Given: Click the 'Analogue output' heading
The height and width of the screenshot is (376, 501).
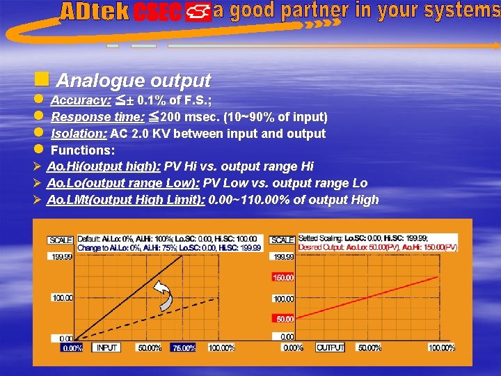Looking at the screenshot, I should click(x=133, y=81).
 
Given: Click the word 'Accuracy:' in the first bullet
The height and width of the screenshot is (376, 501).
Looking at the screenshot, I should click(x=81, y=100).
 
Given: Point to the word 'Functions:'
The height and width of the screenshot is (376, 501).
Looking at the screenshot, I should click(x=83, y=150).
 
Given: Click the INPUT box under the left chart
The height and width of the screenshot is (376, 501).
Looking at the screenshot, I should click(x=107, y=347).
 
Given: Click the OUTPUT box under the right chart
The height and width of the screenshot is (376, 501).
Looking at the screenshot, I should click(x=331, y=347).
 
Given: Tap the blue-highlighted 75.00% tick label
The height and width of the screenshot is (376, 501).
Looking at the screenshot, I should click(x=184, y=347).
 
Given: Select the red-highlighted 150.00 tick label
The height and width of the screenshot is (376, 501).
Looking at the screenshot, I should click(x=284, y=277).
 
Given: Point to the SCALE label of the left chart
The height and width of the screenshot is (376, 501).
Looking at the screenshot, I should click(x=61, y=240).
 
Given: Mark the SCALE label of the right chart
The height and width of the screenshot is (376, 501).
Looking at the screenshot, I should click(x=283, y=240).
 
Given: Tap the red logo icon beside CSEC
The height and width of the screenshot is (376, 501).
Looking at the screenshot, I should click(x=198, y=13).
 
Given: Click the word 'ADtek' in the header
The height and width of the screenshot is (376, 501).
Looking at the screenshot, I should click(x=95, y=12).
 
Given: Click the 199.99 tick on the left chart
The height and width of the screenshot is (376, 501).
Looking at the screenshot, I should click(x=61, y=256).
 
